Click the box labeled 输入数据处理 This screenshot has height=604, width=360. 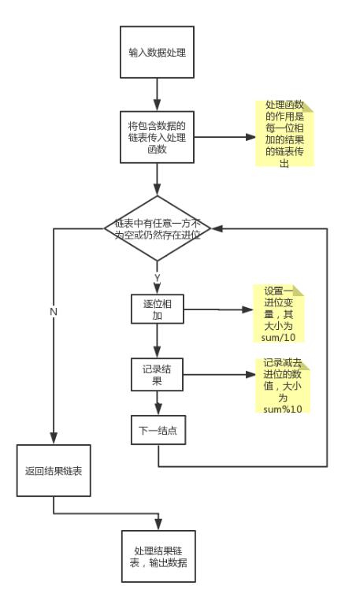158,53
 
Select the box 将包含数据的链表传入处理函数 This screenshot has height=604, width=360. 158,136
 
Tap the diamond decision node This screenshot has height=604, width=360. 158,228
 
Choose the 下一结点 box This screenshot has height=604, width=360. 158,430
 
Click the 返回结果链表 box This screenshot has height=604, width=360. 54,471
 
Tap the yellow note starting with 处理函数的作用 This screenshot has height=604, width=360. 284,133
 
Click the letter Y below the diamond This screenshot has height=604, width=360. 157,278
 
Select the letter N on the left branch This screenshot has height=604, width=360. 54,312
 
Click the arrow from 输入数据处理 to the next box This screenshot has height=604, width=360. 158,94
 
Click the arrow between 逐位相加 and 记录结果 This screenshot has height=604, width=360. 158,340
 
